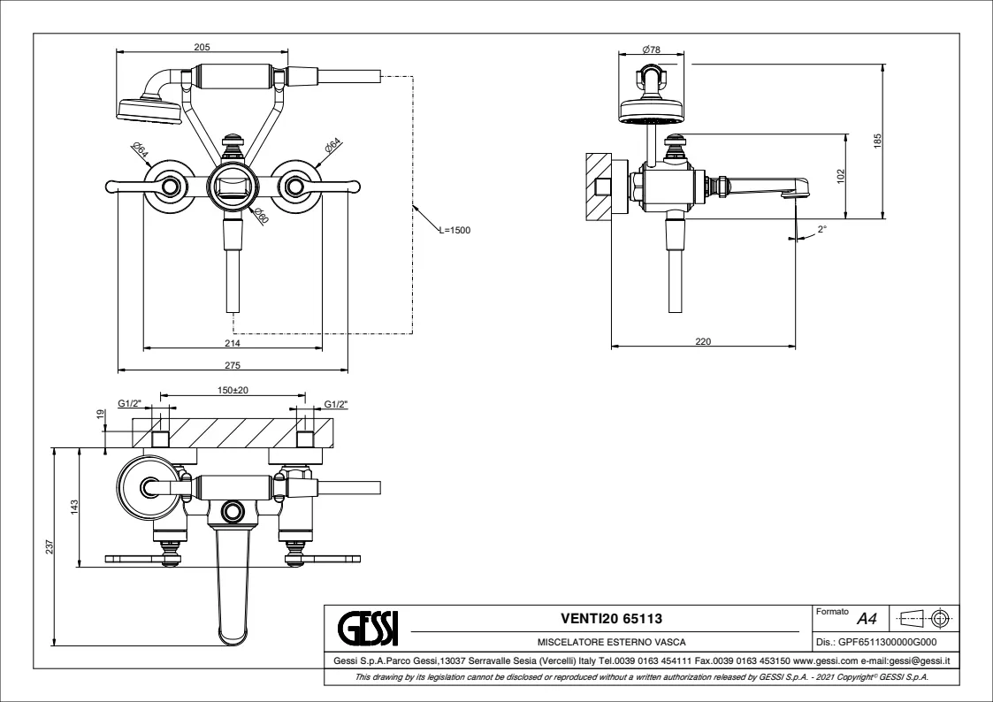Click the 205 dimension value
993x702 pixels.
click(202, 48)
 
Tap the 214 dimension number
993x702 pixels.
click(232, 342)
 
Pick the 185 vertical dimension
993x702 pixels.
click(877, 141)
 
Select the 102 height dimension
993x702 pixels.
click(841, 175)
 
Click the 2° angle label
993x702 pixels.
click(822, 229)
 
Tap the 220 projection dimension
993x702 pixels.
click(703, 341)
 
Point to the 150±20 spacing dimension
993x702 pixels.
click(233, 390)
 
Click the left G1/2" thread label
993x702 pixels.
click(129, 404)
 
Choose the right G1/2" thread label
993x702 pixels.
click(336, 404)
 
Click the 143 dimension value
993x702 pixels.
click(75, 507)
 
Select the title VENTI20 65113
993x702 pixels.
click(612, 619)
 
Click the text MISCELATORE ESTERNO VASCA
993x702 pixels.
click(612, 643)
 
